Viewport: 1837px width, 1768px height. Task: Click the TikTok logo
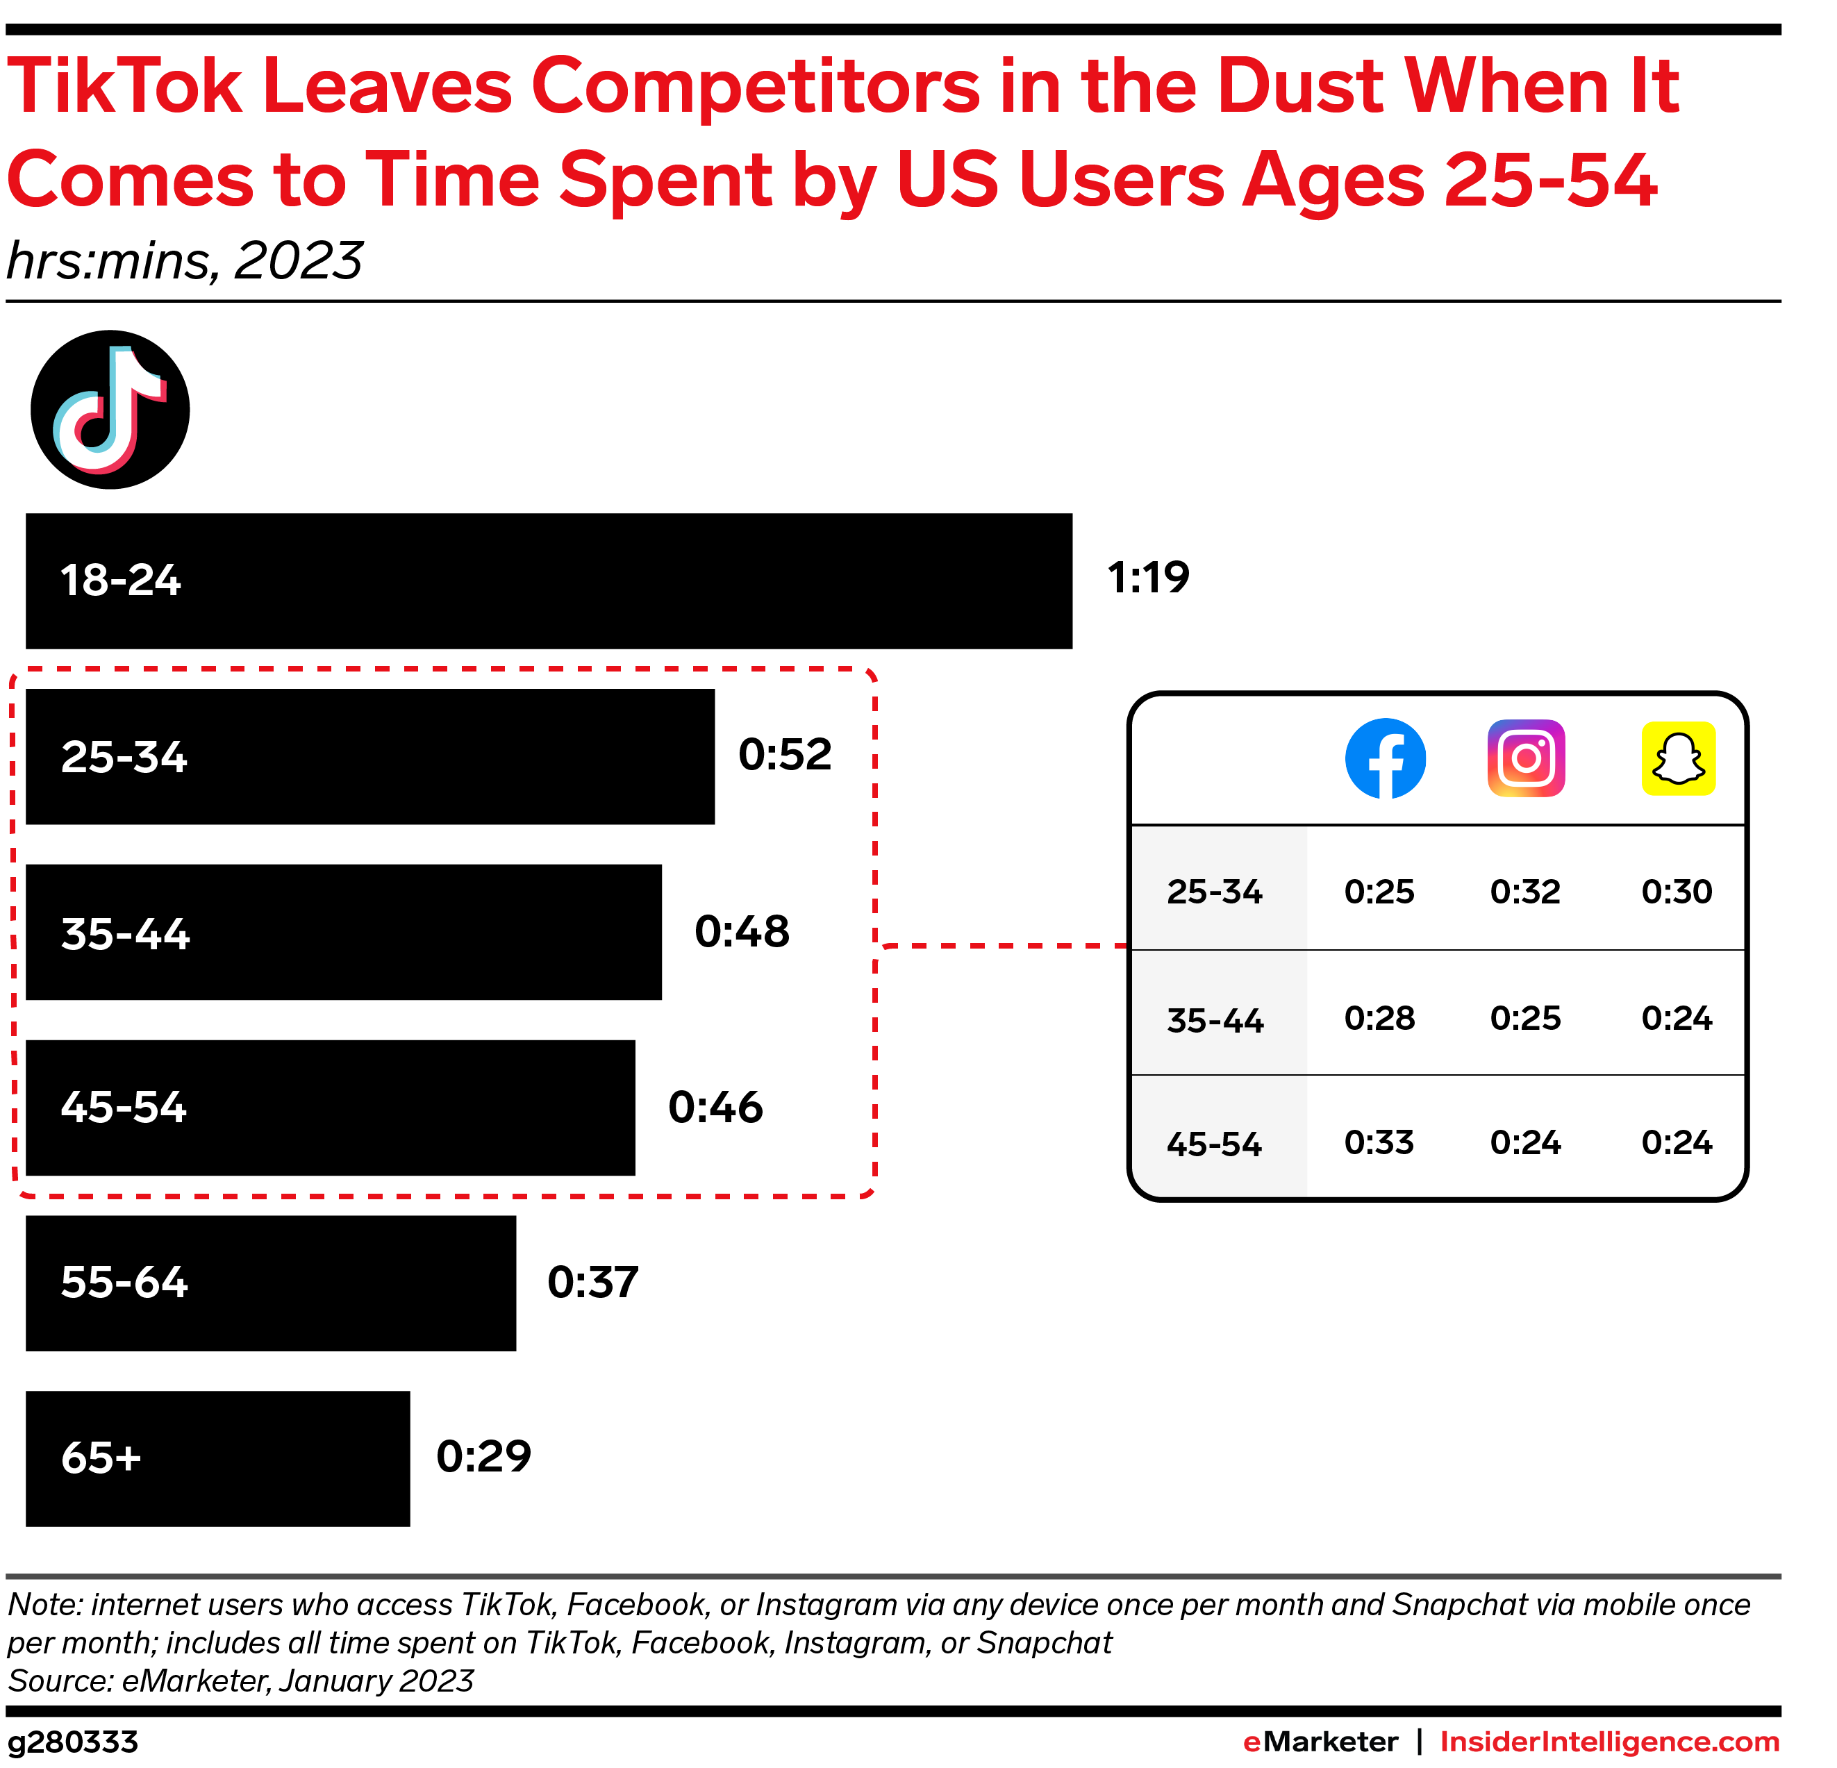point(110,410)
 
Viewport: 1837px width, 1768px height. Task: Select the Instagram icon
point(1526,758)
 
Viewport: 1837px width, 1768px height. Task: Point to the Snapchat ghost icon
point(1678,758)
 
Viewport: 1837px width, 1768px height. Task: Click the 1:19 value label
point(1147,577)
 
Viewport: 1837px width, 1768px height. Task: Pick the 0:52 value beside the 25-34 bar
point(785,754)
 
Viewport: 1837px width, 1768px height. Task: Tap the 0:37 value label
point(592,1282)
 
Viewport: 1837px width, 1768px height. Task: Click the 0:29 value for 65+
point(483,1456)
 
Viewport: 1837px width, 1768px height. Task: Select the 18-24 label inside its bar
point(120,581)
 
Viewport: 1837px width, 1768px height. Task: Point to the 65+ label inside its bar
point(101,1458)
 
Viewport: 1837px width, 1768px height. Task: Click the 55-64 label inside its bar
point(124,1283)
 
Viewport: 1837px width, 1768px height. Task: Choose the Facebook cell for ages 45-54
point(1379,1142)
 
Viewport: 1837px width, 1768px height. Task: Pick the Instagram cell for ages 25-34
point(1525,891)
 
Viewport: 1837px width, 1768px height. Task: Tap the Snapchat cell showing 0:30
point(1677,891)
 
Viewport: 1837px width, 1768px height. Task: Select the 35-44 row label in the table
point(1215,1020)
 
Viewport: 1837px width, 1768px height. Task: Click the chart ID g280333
point(73,1742)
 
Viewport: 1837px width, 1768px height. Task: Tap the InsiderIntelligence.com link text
point(1609,1742)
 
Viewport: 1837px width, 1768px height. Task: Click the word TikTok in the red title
point(124,86)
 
